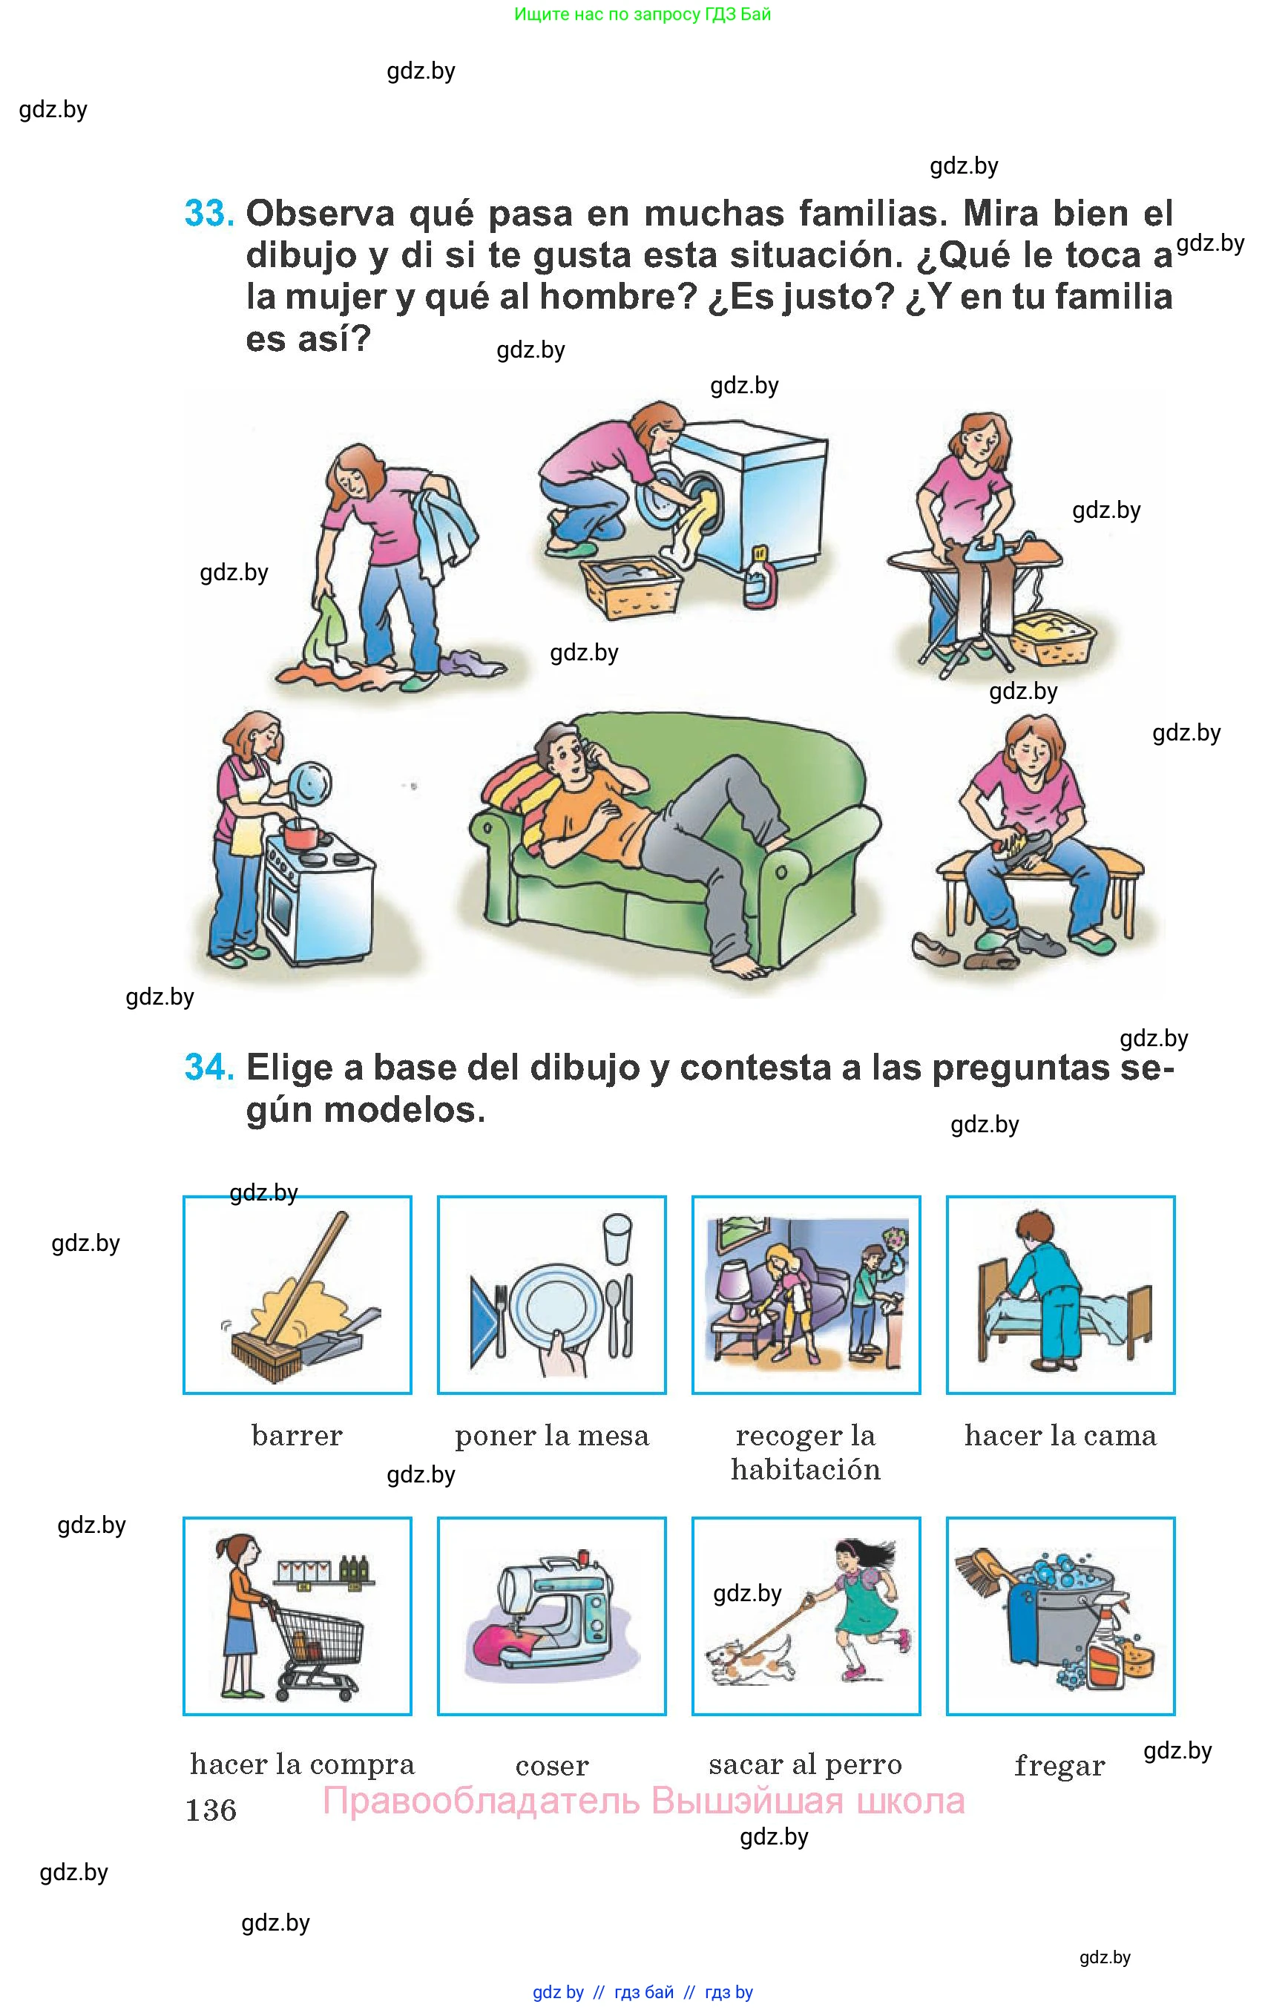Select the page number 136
[211, 1810]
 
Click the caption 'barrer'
[297, 1436]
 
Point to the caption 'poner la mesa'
[552, 1436]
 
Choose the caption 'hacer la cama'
[1060, 1436]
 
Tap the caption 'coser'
[552, 1765]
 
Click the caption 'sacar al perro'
[806, 1764]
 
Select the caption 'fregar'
[1059, 1765]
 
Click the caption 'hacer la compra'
[302, 1764]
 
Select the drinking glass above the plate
[617, 1239]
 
